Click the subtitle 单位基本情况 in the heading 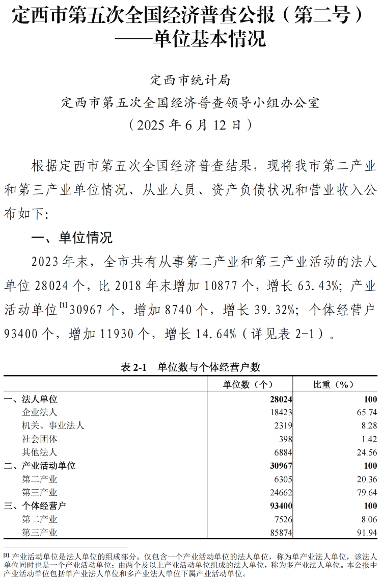pos(209,39)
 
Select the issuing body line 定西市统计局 pos(190,80)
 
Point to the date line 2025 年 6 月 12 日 pos(190,124)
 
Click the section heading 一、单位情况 pos(72,238)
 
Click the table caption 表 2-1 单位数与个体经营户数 pos(190,367)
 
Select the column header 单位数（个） pos(249,385)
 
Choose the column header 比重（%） pos(334,385)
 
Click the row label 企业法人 pos(40,412)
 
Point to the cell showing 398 pos(285,439)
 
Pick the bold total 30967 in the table pos(281,466)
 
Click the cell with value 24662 pos(281,493)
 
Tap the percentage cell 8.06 pos(369,519)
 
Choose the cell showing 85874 pos(281,533)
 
